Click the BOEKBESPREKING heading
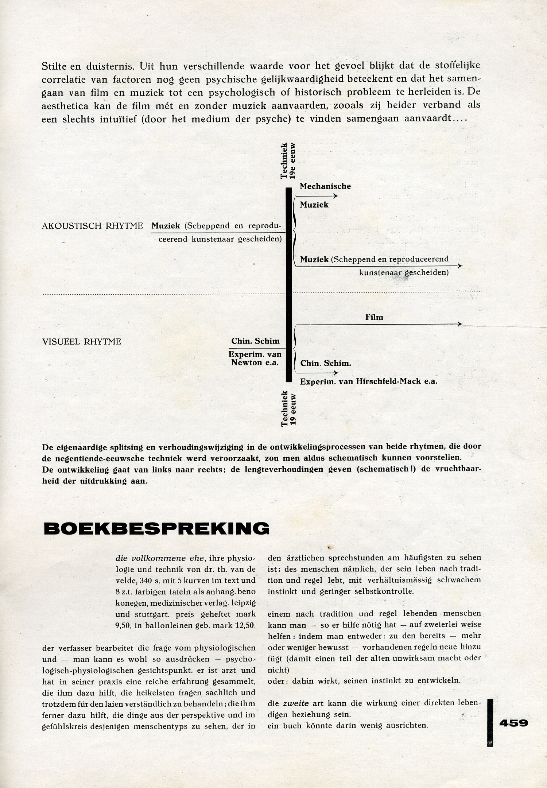click(x=156, y=528)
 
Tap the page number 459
click(x=513, y=723)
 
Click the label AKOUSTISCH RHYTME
click(x=92, y=226)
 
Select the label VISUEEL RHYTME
click(x=82, y=342)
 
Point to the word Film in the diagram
click(x=374, y=317)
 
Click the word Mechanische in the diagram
click(x=325, y=186)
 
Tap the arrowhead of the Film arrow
click(x=460, y=324)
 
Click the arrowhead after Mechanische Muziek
click(x=336, y=196)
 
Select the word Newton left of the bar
click(x=246, y=362)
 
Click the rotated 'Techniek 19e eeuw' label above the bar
click(x=288, y=160)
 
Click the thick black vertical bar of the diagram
click(x=289, y=284)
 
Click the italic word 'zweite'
click(x=296, y=703)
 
